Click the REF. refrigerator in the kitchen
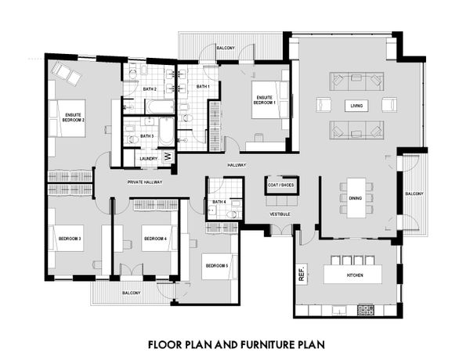point(302,272)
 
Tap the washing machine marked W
point(168,156)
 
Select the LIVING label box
point(356,106)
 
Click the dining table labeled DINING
point(356,198)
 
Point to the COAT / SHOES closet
point(281,185)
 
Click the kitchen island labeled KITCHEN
point(352,275)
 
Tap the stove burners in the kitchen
point(366,310)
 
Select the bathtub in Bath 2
point(160,106)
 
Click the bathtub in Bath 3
point(166,131)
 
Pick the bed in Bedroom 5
point(219,266)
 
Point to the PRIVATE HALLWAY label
point(145,182)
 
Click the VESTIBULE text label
point(280,214)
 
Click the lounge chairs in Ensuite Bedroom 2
point(67,74)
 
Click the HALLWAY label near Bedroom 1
point(237,165)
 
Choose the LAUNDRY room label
point(148,158)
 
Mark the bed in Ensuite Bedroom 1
point(269,99)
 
